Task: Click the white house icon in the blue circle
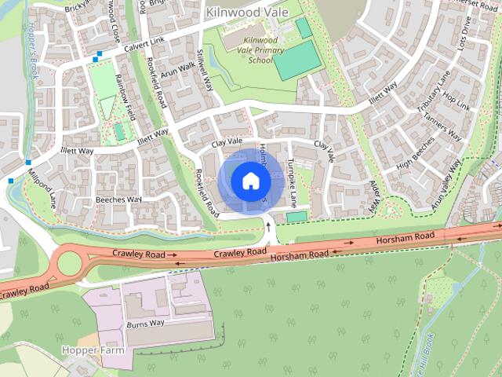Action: [250, 181]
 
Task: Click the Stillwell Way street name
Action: [206, 71]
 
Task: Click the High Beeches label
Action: [415, 157]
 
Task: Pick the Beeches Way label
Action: [118, 199]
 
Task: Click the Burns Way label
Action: [146, 323]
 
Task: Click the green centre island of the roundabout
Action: [70, 262]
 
